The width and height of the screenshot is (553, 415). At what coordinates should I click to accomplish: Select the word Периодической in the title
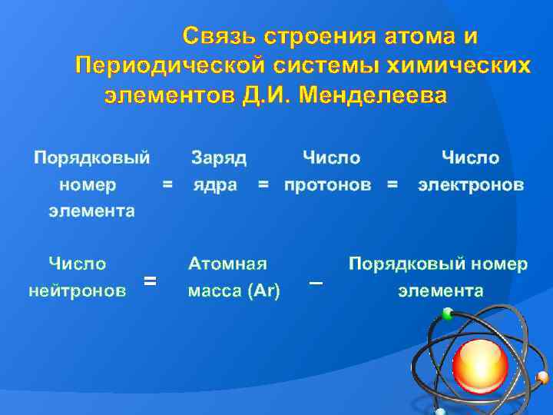pyautogui.click(x=170, y=66)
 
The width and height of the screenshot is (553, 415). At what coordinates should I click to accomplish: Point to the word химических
pyautogui.click(x=459, y=65)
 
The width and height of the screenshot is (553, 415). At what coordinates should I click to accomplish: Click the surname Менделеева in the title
pyautogui.click(x=373, y=95)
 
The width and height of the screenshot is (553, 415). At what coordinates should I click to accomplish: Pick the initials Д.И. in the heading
pyautogui.click(x=267, y=95)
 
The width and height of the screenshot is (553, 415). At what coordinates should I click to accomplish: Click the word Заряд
pyautogui.click(x=219, y=158)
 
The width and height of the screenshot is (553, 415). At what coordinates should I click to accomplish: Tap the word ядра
pyautogui.click(x=215, y=185)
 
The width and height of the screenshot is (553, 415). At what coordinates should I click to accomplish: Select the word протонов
pyautogui.click(x=328, y=185)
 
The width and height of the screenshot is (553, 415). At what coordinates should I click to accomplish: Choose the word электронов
pyautogui.click(x=471, y=185)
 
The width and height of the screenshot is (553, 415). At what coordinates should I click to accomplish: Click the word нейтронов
pyautogui.click(x=78, y=290)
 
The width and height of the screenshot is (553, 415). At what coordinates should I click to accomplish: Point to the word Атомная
pyautogui.click(x=227, y=264)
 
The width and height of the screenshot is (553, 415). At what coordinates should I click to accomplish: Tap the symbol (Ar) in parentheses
pyautogui.click(x=263, y=291)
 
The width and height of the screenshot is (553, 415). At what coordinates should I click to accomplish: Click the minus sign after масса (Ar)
pyautogui.click(x=316, y=283)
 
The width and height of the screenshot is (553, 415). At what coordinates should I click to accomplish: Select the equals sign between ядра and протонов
pyautogui.click(x=263, y=184)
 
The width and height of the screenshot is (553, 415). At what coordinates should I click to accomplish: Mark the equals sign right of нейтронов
pyautogui.click(x=150, y=281)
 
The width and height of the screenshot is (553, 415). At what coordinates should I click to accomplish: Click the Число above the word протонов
pyautogui.click(x=332, y=158)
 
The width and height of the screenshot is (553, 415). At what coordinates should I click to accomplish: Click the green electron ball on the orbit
pyautogui.click(x=448, y=314)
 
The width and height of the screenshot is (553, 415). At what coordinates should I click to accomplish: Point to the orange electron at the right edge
pyautogui.click(x=542, y=377)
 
